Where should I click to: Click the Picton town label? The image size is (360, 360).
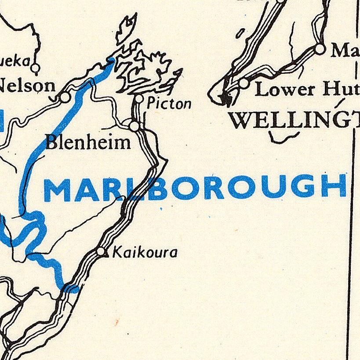(169, 104)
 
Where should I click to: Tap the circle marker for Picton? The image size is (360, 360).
(139, 99)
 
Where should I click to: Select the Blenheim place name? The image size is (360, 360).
(88, 142)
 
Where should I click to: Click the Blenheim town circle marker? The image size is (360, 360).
(135, 127)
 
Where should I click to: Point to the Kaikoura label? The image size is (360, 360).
(145, 252)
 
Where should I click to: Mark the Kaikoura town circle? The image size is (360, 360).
(102, 252)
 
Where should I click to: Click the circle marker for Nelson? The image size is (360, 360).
(65, 97)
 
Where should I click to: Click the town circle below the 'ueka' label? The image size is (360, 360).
(35, 68)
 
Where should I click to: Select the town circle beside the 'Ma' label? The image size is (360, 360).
(320, 48)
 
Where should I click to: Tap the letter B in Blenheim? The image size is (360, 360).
(51, 142)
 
